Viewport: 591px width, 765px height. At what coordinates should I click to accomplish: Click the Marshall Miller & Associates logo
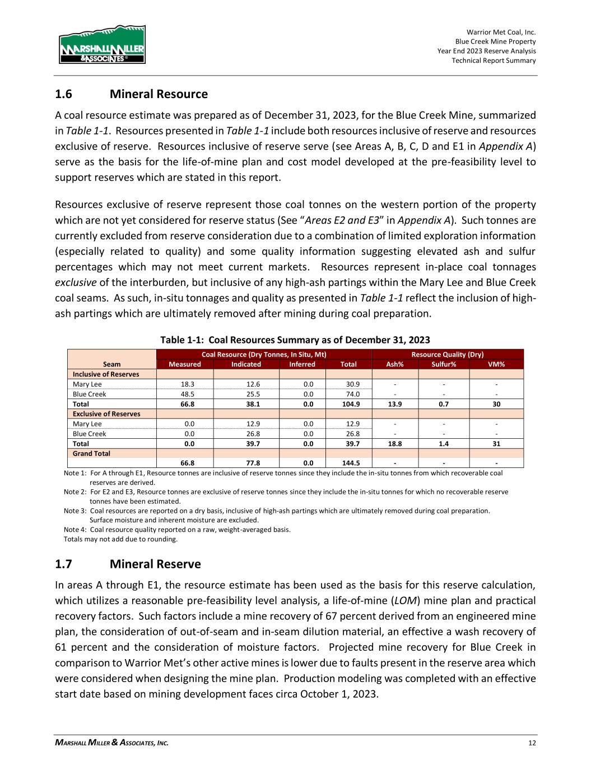click(x=102, y=45)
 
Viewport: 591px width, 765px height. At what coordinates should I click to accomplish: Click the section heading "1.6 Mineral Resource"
click(x=131, y=94)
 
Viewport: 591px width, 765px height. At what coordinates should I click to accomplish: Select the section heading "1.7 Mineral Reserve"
click(x=128, y=563)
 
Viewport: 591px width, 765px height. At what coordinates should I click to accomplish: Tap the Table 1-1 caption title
click(x=295, y=340)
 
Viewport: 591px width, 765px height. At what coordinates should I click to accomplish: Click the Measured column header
click(x=185, y=364)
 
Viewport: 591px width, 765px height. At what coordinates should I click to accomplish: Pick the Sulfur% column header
click(x=444, y=364)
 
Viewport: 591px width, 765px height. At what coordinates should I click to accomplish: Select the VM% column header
click(x=496, y=364)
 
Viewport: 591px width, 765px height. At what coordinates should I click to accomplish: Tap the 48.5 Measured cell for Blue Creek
click(x=185, y=394)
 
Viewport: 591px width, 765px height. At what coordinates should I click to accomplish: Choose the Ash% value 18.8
click(x=395, y=443)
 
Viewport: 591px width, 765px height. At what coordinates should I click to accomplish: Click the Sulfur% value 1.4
click(x=444, y=443)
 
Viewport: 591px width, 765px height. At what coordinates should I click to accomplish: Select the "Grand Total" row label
click(x=91, y=453)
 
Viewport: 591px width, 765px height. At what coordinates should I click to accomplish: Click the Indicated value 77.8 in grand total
click(x=246, y=463)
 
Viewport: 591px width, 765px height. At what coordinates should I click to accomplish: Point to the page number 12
click(x=532, y=743)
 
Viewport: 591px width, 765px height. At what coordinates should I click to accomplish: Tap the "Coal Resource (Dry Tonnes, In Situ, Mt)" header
click(x=264, y=355)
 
